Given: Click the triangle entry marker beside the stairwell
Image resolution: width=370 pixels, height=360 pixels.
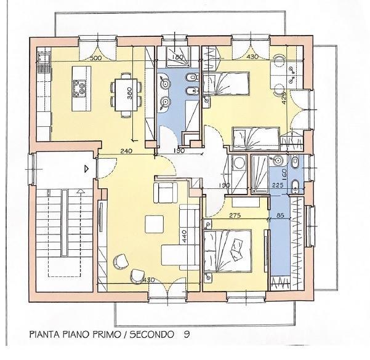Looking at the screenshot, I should coord(87,167).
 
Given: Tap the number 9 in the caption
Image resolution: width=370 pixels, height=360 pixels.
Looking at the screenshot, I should coord(186,335).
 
